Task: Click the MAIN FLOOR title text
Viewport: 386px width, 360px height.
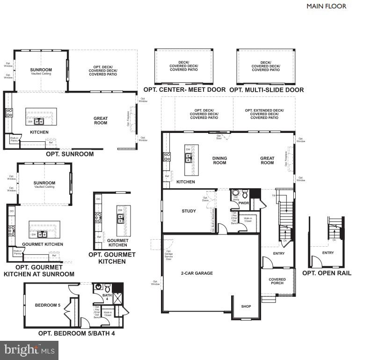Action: point(326,6)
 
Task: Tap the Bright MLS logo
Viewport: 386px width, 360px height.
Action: point(29,350)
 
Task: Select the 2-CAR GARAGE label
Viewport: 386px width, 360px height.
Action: point(197,273)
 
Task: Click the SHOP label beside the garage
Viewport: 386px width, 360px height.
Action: point(246,306)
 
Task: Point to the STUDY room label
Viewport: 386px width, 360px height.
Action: point(189,211)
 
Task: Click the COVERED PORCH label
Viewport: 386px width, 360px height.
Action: point(277,281)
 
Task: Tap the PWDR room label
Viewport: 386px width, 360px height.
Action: point(243,204)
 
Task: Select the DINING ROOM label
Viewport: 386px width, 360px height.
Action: point(219,161)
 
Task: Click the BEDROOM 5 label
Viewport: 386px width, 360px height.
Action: point(48,305)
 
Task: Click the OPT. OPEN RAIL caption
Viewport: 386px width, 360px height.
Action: point(327,273)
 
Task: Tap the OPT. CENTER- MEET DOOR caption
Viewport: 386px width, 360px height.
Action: point(184,89)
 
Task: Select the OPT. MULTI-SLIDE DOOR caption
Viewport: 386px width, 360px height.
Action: point(267,89)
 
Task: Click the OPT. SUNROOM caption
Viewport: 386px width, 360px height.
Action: point(70,154)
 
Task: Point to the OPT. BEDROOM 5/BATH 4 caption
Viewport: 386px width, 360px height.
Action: point(76,333)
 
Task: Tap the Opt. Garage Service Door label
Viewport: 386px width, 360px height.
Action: point(168,255)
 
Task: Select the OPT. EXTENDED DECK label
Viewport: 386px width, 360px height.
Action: point(264,114)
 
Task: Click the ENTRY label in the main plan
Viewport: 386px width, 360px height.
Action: point(279,253)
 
